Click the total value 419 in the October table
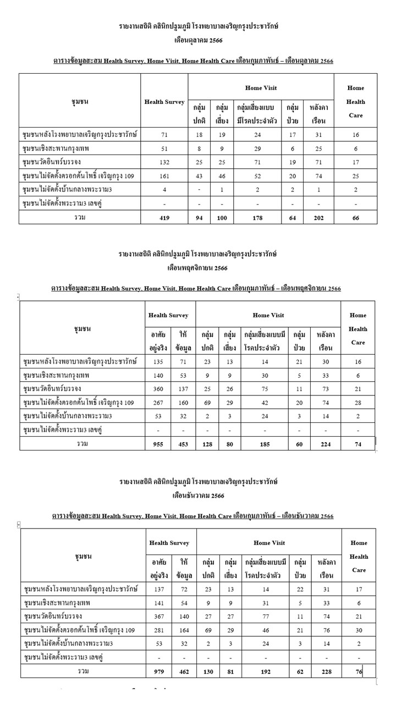tap(164, 218)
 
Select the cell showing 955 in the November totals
tap(158, 443)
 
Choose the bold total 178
tap(257, 218)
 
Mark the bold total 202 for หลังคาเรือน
tap(318, 218)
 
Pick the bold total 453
tap(183, 443)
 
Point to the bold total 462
tap(184, 671)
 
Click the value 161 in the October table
tap(164, 176)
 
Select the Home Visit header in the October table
tap(261, 88)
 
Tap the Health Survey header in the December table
tap(170, 543)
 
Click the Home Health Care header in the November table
tap(358, 329)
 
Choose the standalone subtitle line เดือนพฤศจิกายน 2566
tap(197, 268)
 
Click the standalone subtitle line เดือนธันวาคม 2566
tap(199, 496)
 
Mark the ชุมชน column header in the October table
tap(80, 102)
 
